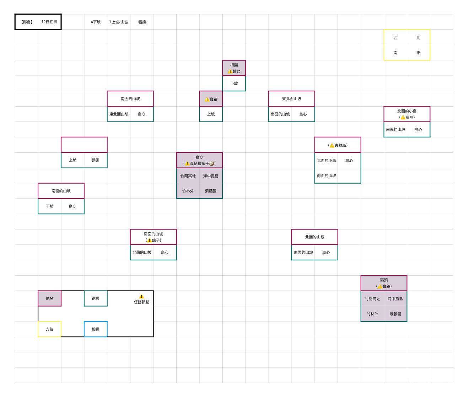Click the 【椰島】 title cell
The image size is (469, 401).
click(27, 22)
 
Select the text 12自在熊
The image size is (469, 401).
click(49, 22)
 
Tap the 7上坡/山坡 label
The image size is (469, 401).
click(119, 22)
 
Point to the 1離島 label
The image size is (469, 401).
click(142, 22)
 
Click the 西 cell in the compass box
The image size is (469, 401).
click(395, 38)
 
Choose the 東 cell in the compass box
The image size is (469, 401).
click(418, 53)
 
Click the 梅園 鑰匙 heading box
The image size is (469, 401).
click(234, 68)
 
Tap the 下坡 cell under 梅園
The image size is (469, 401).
click(234, 83)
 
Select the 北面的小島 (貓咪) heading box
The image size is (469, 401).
click(407, 114)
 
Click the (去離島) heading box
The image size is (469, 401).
click(338, 145)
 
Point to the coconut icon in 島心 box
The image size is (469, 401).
click(212, 163)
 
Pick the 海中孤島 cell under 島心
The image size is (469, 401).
click(211, 176)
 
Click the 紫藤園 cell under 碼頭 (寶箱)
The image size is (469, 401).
click(395, 314)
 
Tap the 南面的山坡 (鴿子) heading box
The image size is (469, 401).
click(153, 237)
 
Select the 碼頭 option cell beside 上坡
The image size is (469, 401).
click(96, 160)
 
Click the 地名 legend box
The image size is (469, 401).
click(49, 298)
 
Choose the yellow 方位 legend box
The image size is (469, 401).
click(49, 329)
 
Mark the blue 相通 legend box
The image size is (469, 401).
click(96, 329)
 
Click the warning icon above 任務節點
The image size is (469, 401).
click(141, 296)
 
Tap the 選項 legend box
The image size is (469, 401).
click(96, 298)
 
